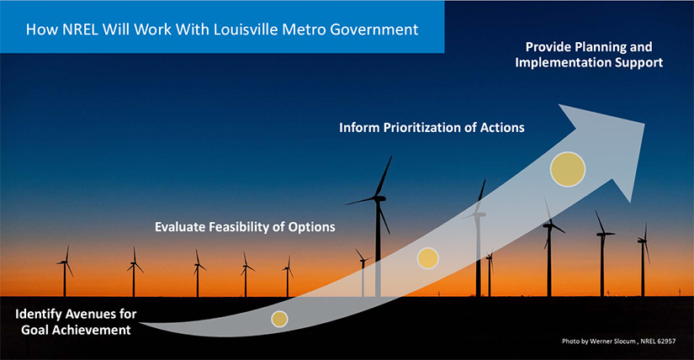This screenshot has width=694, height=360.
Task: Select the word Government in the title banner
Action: point(374,29)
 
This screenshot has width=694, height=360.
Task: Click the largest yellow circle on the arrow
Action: point(568,169)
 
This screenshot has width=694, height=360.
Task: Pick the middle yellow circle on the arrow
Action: point(428,258)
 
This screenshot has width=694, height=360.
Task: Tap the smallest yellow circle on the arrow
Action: point(279,319)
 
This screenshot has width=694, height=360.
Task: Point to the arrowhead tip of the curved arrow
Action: point(644,124)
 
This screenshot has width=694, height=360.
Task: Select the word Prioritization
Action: point(422,128)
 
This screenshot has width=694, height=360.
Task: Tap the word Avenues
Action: point(90,314)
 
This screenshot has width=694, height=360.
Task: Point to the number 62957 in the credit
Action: point(667,341)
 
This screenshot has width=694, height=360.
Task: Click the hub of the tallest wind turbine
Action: point(379,199)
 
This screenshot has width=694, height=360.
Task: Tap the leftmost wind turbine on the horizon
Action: point(65,271)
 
